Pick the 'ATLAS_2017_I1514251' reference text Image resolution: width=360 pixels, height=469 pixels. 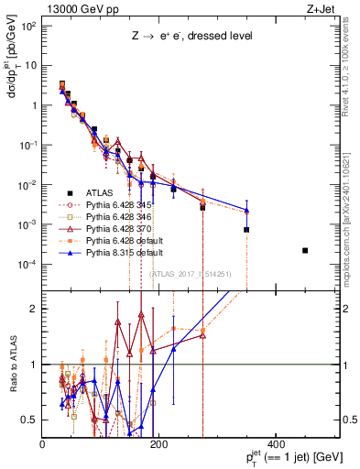[x=187, y=273]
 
